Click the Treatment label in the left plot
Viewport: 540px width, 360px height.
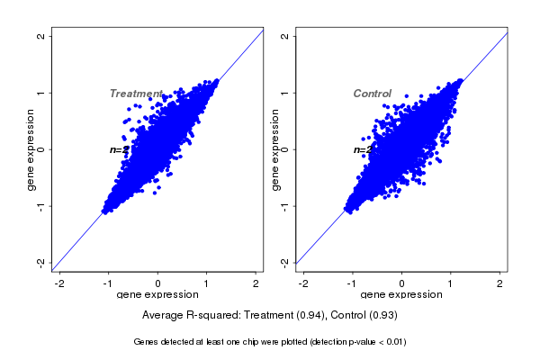136,94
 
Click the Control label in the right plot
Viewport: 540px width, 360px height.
372,94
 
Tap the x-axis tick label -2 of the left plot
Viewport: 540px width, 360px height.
59,283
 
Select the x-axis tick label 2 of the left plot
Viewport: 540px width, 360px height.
256,283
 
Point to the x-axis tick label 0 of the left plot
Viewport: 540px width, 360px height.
158,283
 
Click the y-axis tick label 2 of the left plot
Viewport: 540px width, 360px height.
40,36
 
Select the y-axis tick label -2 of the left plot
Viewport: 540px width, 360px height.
40,262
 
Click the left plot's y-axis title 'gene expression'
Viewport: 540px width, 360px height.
31,149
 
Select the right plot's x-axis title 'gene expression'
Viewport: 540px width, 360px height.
402,295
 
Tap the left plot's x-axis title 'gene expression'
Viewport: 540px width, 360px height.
158,295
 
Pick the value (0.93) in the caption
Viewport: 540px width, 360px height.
382,316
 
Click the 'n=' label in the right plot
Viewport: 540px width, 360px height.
361,150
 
